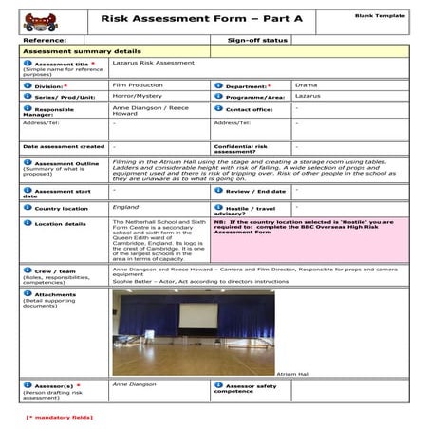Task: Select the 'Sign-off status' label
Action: pyautogui.click(x=257, y=41)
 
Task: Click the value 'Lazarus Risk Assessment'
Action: pyautogui.click(x=153, y=63)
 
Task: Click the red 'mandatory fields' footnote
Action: pyautogui.click(x=59, y=416)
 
